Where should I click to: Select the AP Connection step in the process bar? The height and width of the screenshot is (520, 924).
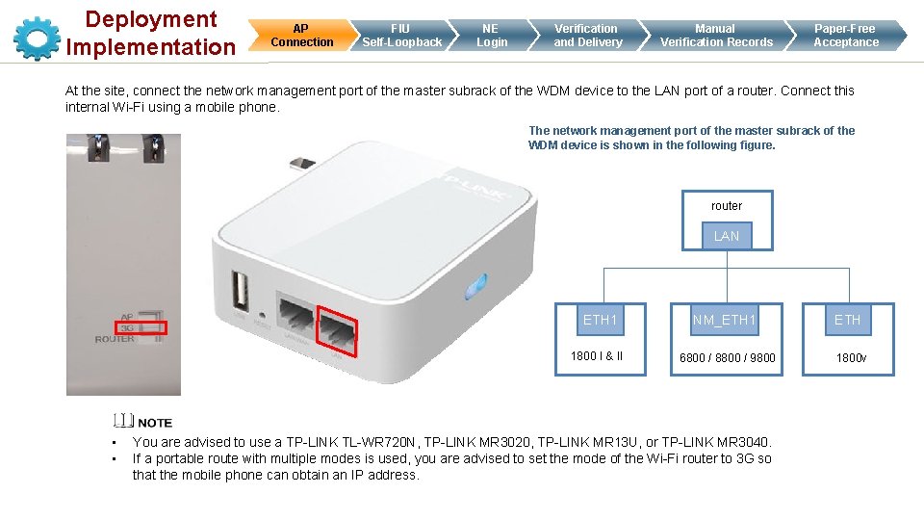(301, 36)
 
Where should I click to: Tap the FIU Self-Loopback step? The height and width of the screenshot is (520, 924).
(401, 36)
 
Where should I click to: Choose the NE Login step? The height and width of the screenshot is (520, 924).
(492, 36)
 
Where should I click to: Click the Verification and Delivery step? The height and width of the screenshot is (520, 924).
(587, 36)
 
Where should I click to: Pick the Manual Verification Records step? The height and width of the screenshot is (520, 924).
(715, 36)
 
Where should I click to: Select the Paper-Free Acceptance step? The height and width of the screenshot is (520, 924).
(846, 36)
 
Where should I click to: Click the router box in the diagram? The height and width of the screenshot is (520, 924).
(727, 206)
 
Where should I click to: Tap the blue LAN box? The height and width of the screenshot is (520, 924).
(727, 236)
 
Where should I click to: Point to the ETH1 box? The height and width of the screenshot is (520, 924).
(600, 320)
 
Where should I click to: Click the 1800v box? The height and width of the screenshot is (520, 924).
(850, 357)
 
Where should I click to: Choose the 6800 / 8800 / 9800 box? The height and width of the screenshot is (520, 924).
(727, 357)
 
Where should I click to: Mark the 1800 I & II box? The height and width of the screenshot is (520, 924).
(598, 356)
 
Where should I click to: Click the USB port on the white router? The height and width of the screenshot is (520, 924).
(239, 293)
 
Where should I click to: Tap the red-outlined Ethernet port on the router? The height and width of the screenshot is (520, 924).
(338, 331)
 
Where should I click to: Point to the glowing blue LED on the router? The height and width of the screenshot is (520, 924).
(472, 287)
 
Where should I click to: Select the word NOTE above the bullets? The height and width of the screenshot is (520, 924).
(155, 423)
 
